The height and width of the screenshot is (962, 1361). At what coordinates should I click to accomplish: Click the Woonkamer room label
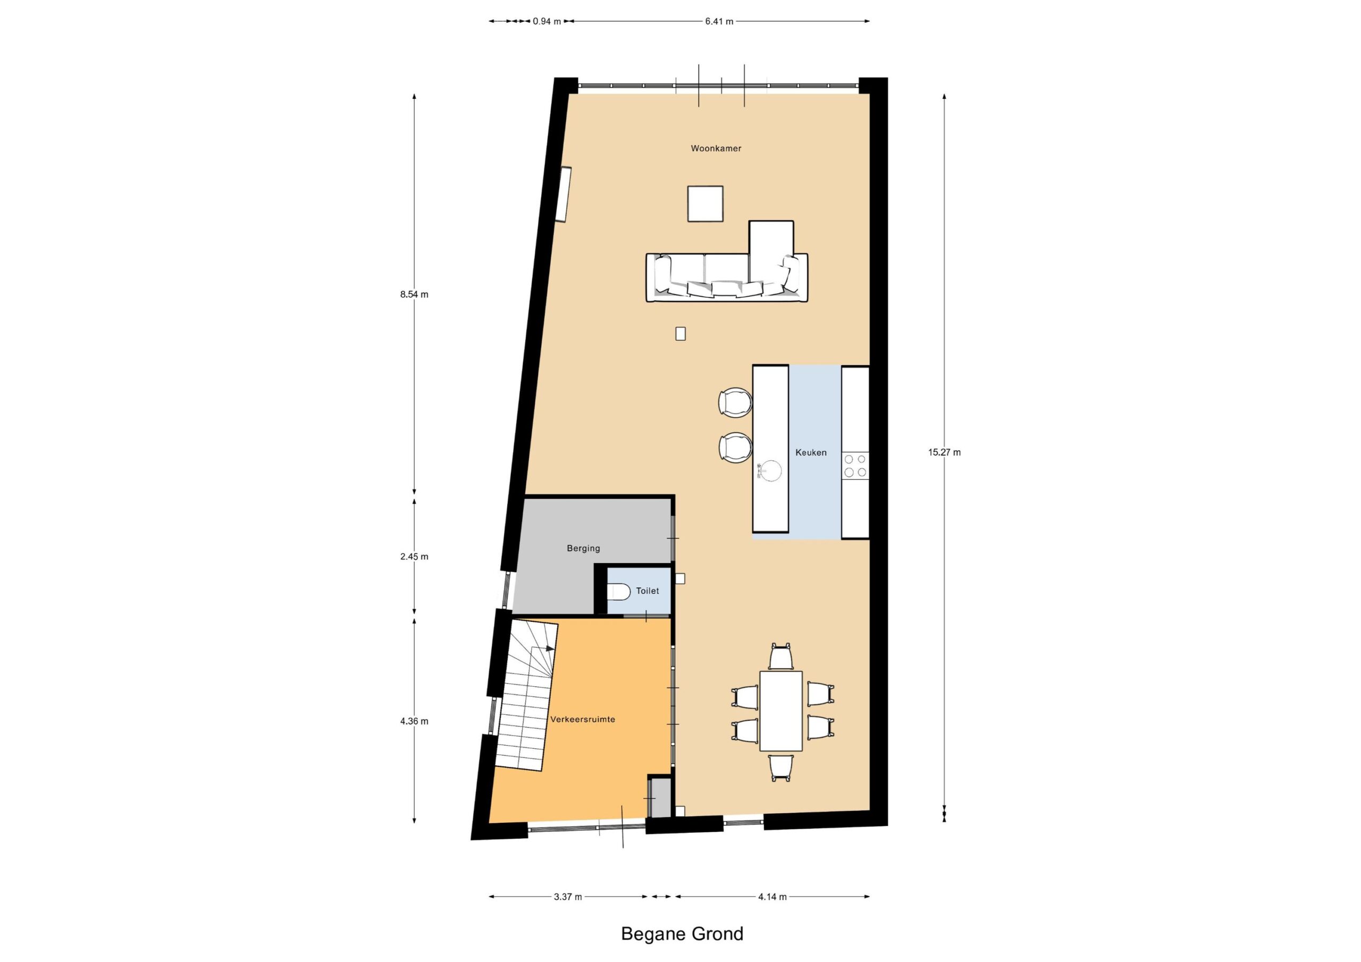(x=716, y=148)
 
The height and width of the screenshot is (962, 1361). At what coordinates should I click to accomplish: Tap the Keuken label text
(x=810, y=452)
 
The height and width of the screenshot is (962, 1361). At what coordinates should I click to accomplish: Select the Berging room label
(x=583, y=548)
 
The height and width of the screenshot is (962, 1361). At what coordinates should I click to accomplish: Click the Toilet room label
(x=648, y=591)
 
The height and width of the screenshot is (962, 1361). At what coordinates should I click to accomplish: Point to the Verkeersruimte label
(x=583, y=720)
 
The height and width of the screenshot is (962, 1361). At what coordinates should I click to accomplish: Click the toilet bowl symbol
(x=618, y=592)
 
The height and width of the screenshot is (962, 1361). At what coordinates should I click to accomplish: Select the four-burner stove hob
(x=855, y=465)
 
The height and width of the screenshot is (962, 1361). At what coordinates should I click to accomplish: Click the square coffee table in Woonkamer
(x=705, y=204)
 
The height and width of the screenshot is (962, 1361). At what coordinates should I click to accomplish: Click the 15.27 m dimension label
(x=944, y=452)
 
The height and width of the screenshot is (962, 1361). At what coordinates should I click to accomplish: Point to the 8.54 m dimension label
(x=414, y=294)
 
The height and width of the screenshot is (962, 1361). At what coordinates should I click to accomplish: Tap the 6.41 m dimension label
(x=719, y=21)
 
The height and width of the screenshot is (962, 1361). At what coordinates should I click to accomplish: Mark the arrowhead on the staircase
(x=551, y=648)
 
